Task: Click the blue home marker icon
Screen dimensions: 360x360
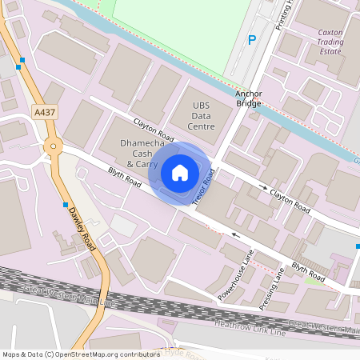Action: pos(180,172)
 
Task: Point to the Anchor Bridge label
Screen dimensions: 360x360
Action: pos(249,98)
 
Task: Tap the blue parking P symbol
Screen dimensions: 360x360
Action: pos(252,40)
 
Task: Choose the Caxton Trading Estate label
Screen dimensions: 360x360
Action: pos(329,42)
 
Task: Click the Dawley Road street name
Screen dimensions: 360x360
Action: pos(82,223)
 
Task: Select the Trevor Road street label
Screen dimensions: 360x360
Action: pos(204,186)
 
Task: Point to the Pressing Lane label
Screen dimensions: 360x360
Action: pos(271,290)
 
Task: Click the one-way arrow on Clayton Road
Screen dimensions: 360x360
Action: pos(263,187)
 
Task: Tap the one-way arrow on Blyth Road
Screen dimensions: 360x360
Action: pos(235,235)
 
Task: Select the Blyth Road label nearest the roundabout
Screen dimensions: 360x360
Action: pos(125,178)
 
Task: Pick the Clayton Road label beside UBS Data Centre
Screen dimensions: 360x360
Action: pos(154,129)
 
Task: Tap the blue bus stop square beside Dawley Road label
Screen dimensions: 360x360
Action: pos(66,205)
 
